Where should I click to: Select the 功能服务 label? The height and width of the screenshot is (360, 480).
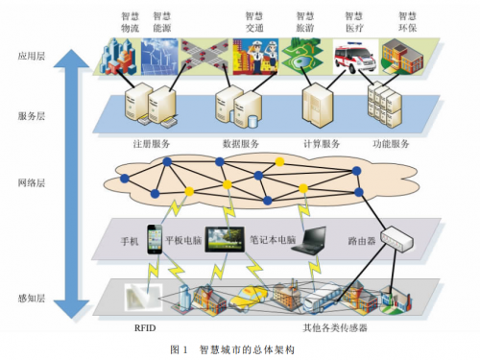[x=391, y=144]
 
